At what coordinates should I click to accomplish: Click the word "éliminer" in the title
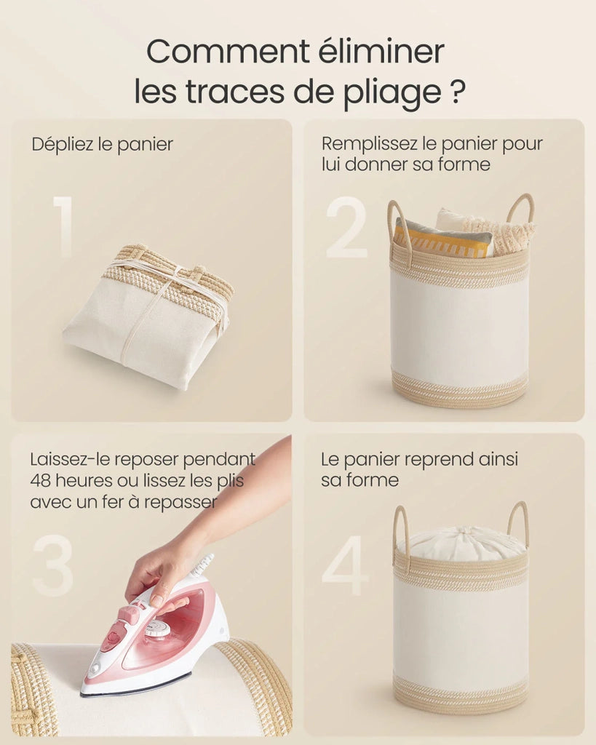[381, 51]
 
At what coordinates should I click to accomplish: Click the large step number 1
[64, 227]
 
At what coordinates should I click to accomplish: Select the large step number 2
[346, 227]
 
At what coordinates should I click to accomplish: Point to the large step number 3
[52, 565]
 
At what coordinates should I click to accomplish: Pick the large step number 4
[346, 565]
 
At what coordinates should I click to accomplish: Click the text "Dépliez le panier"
[102, 145]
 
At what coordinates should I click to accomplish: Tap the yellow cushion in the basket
[442, 241]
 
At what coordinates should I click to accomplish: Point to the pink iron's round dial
[157, 629]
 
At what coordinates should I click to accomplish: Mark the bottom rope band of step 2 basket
[459, 391]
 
